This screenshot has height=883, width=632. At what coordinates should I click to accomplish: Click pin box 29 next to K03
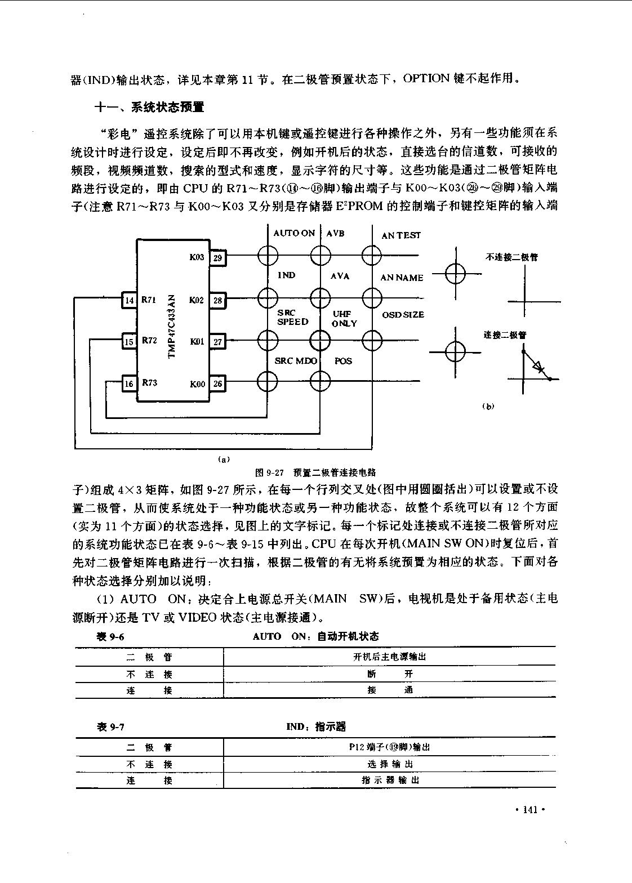[x=217, y=258]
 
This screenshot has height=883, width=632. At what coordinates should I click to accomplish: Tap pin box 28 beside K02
[x=217, y=300]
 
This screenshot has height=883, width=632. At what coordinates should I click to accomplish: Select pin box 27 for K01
[x=217, y=341]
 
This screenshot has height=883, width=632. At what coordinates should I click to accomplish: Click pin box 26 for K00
[x=217, y=383]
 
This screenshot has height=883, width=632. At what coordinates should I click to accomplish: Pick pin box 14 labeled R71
[x=130, y=300]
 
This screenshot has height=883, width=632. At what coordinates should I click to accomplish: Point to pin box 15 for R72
[x=130, y=341]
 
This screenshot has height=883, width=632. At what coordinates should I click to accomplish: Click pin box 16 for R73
[x=130, y=383]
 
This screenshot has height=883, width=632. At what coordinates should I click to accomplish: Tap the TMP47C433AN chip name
[x=171, y=327]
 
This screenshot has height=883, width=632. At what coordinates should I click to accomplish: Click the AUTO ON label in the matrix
[x=294, y=233]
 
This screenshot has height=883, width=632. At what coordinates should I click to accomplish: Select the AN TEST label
[x=401, y=235]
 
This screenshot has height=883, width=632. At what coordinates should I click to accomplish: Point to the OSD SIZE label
[x=403, y=315]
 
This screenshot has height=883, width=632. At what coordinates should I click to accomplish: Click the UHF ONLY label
[x=344, y=319]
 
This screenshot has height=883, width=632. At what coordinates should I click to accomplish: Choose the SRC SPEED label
[x=292, y=318]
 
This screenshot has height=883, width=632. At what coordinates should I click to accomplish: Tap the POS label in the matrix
[x=343, y=361]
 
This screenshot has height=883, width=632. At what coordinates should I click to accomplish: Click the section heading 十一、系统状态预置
[x=149, y=107]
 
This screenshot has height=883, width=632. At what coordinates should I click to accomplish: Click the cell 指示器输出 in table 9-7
[x=390, y=780]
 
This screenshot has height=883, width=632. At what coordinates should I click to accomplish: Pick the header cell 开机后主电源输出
[x=390, y=657]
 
